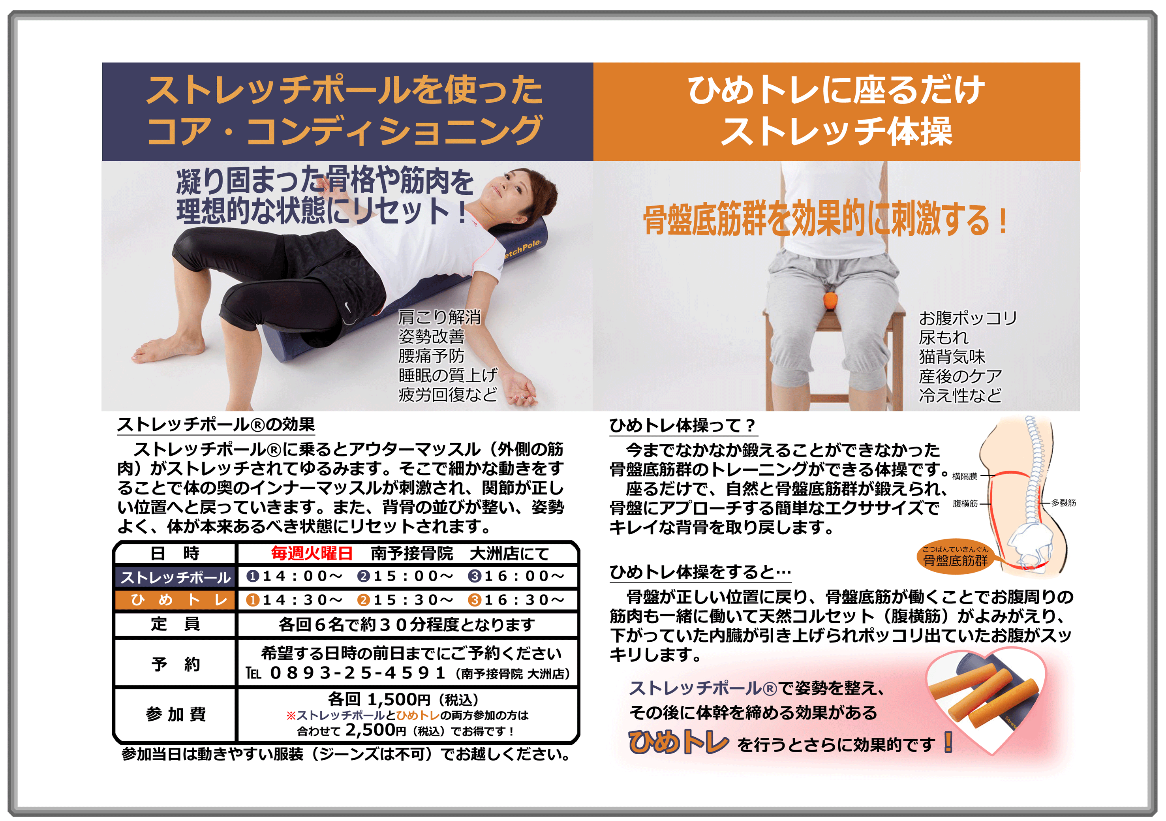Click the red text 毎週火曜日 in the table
312,553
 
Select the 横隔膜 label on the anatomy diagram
964,476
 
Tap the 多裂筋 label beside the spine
1063,503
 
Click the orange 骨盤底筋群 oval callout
955,558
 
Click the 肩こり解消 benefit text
439,318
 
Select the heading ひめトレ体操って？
682,425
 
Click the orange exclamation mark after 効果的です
948,742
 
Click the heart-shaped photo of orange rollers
985,699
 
